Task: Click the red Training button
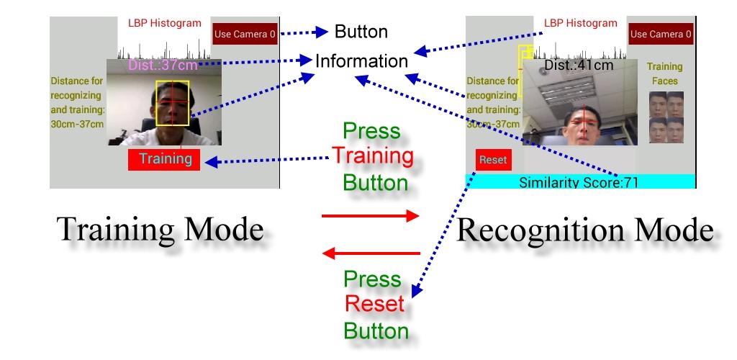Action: coord(164,160)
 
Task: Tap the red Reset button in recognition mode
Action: coord(493,160)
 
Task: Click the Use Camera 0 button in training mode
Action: coord(245,33)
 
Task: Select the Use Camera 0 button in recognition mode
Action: coord(661,34)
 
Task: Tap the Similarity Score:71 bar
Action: coord(579,182)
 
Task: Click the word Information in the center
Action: coord(361,61)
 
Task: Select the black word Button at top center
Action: coord(361,32)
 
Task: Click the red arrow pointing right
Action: coord(370,215)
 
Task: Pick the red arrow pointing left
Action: coord(370,253)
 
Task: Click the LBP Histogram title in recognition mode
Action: coord(580,23)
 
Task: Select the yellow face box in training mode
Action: coord(173,103)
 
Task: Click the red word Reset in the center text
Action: coord(374,303)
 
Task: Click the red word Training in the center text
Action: coord(372,156)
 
